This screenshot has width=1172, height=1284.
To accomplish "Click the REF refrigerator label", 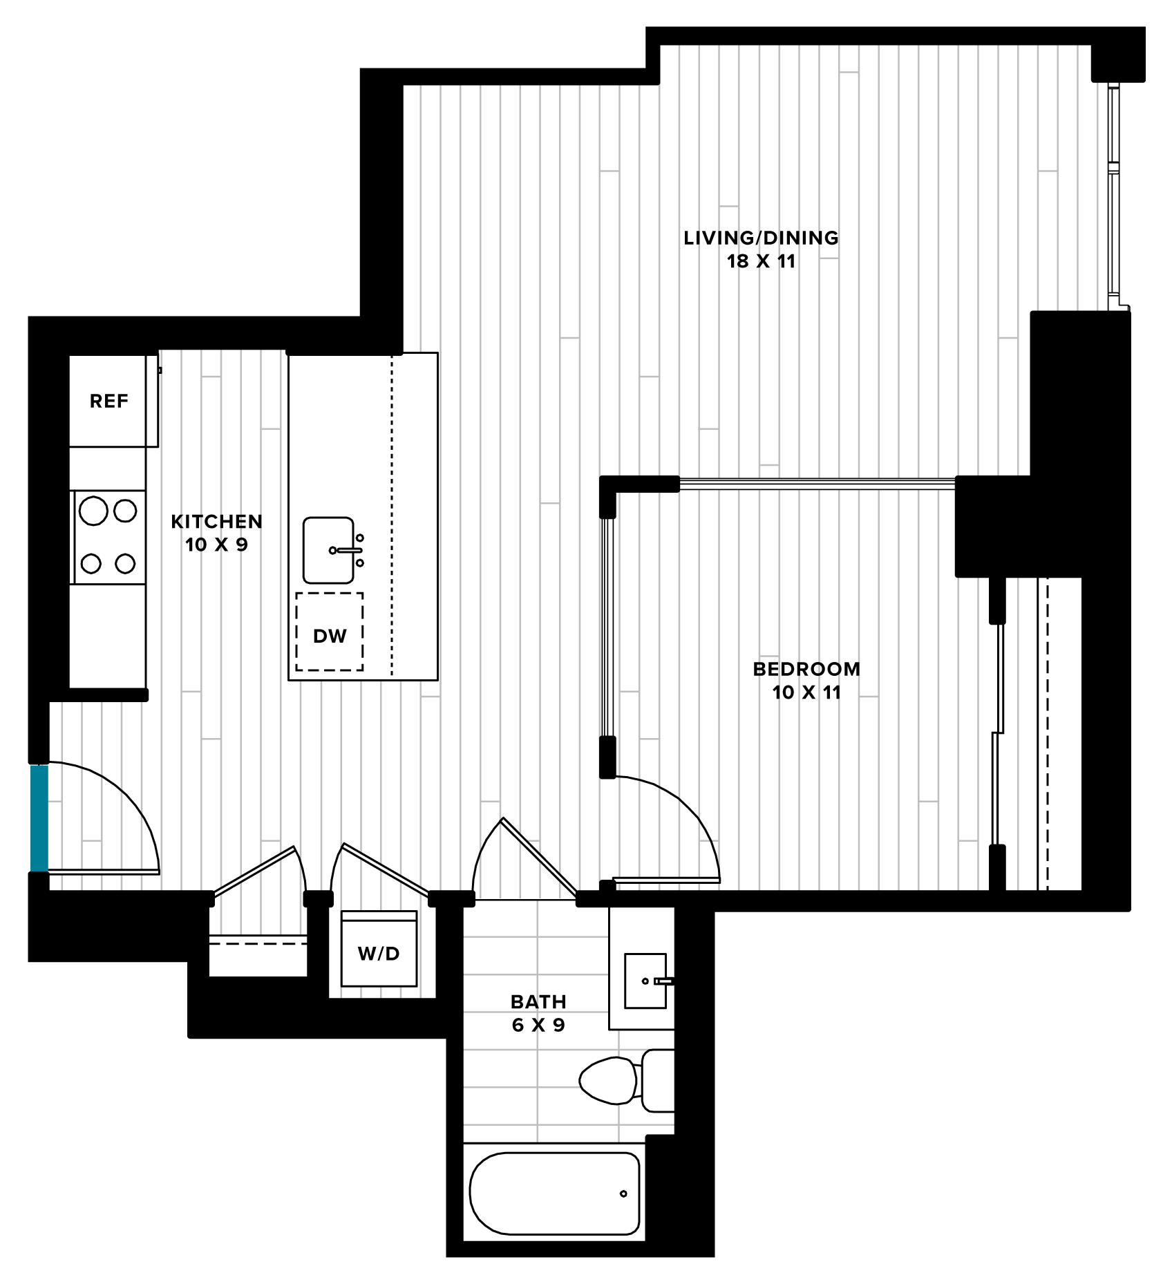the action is [x=108, y=401].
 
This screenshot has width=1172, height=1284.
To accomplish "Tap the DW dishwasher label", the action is [x=330, y=636].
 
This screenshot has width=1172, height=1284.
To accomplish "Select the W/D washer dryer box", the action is [x=379, y=948].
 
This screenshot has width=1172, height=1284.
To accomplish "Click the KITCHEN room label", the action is [x=216, y=521].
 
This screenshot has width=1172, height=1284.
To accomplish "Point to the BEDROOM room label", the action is [x=806, y=669].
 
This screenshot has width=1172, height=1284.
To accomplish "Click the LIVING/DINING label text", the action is [x=761, y=238].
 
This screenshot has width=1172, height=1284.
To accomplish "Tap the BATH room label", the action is [x=538, y=1001].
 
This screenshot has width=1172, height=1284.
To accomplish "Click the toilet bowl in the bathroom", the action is [x=608, y=1080].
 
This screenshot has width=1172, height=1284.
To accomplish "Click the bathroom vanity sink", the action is [x=645, y=981].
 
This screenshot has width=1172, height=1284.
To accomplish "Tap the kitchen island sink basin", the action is [x=328, y=550].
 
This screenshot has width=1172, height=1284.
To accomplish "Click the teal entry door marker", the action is [x=39, y=818].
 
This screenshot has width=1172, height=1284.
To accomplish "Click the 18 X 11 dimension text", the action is [x=761, y=261].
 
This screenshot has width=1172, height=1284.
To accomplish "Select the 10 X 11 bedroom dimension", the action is [x=806, y=692].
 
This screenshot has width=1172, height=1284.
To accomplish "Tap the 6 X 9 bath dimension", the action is [x=538, y=1025].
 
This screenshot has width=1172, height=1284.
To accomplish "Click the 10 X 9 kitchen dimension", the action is [x=216, y=545].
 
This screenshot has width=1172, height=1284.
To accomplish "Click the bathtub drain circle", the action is [x=623, y=1193].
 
